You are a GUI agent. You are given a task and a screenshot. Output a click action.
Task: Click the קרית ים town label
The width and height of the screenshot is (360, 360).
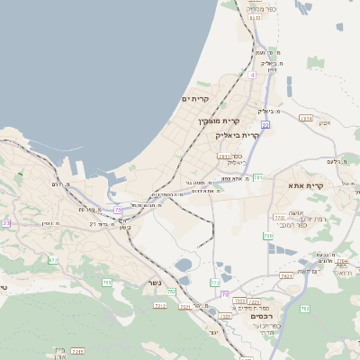(x=195, y=99)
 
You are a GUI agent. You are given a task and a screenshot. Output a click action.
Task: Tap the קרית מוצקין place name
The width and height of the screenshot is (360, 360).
(x=219, y=121)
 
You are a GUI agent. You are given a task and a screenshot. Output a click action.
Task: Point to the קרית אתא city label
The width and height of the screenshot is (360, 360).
(x=306, y=185)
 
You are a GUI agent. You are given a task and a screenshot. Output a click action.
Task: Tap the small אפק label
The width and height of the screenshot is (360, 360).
(x=325, y=122)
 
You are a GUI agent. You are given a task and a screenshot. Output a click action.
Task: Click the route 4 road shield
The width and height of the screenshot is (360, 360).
(x=253, y=76)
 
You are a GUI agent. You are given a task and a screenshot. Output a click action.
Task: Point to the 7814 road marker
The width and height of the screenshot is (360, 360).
(x=306, y=118)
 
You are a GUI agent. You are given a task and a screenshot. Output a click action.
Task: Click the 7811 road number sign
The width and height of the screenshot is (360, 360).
(x=223, y=156)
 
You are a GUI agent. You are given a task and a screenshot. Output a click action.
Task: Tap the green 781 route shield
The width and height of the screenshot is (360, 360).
(x=258, y=177)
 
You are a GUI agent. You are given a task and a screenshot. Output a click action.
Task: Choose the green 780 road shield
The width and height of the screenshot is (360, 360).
(x=268, y=236)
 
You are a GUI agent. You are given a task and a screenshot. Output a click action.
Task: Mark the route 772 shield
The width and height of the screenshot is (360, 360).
(x=215, y=283)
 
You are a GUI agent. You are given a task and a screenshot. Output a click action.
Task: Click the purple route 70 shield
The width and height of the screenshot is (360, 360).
(x=223, y=319)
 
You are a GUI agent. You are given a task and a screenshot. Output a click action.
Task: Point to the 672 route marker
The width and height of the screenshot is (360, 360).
(x=53, y=260)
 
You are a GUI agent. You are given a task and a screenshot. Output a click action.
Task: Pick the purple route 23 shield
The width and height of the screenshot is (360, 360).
(x=6, y=222)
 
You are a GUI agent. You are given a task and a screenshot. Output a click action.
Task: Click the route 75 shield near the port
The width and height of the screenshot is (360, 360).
(x=118, y=211)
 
